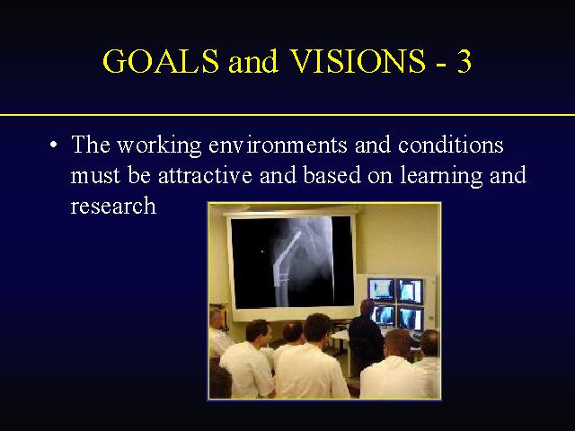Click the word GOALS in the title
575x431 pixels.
(x=161, y=61)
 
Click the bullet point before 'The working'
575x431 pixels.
(x=54, y=145)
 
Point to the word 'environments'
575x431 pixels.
(x=278, y=145)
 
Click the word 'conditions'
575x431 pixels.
(x=451, y=145)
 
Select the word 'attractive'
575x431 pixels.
(x=205, y=175)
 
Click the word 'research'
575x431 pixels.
(x=113, y=206)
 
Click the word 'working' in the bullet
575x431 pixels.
(x=159, y=145)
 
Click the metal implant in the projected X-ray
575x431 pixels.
(x=285, y=268)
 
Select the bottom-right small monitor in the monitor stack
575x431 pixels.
(x=411, y=318)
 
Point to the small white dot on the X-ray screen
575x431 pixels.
(x=261, y=251)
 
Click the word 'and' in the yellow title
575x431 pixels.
(x=253, y=61)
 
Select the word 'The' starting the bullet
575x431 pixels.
(x=91, y=145)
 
